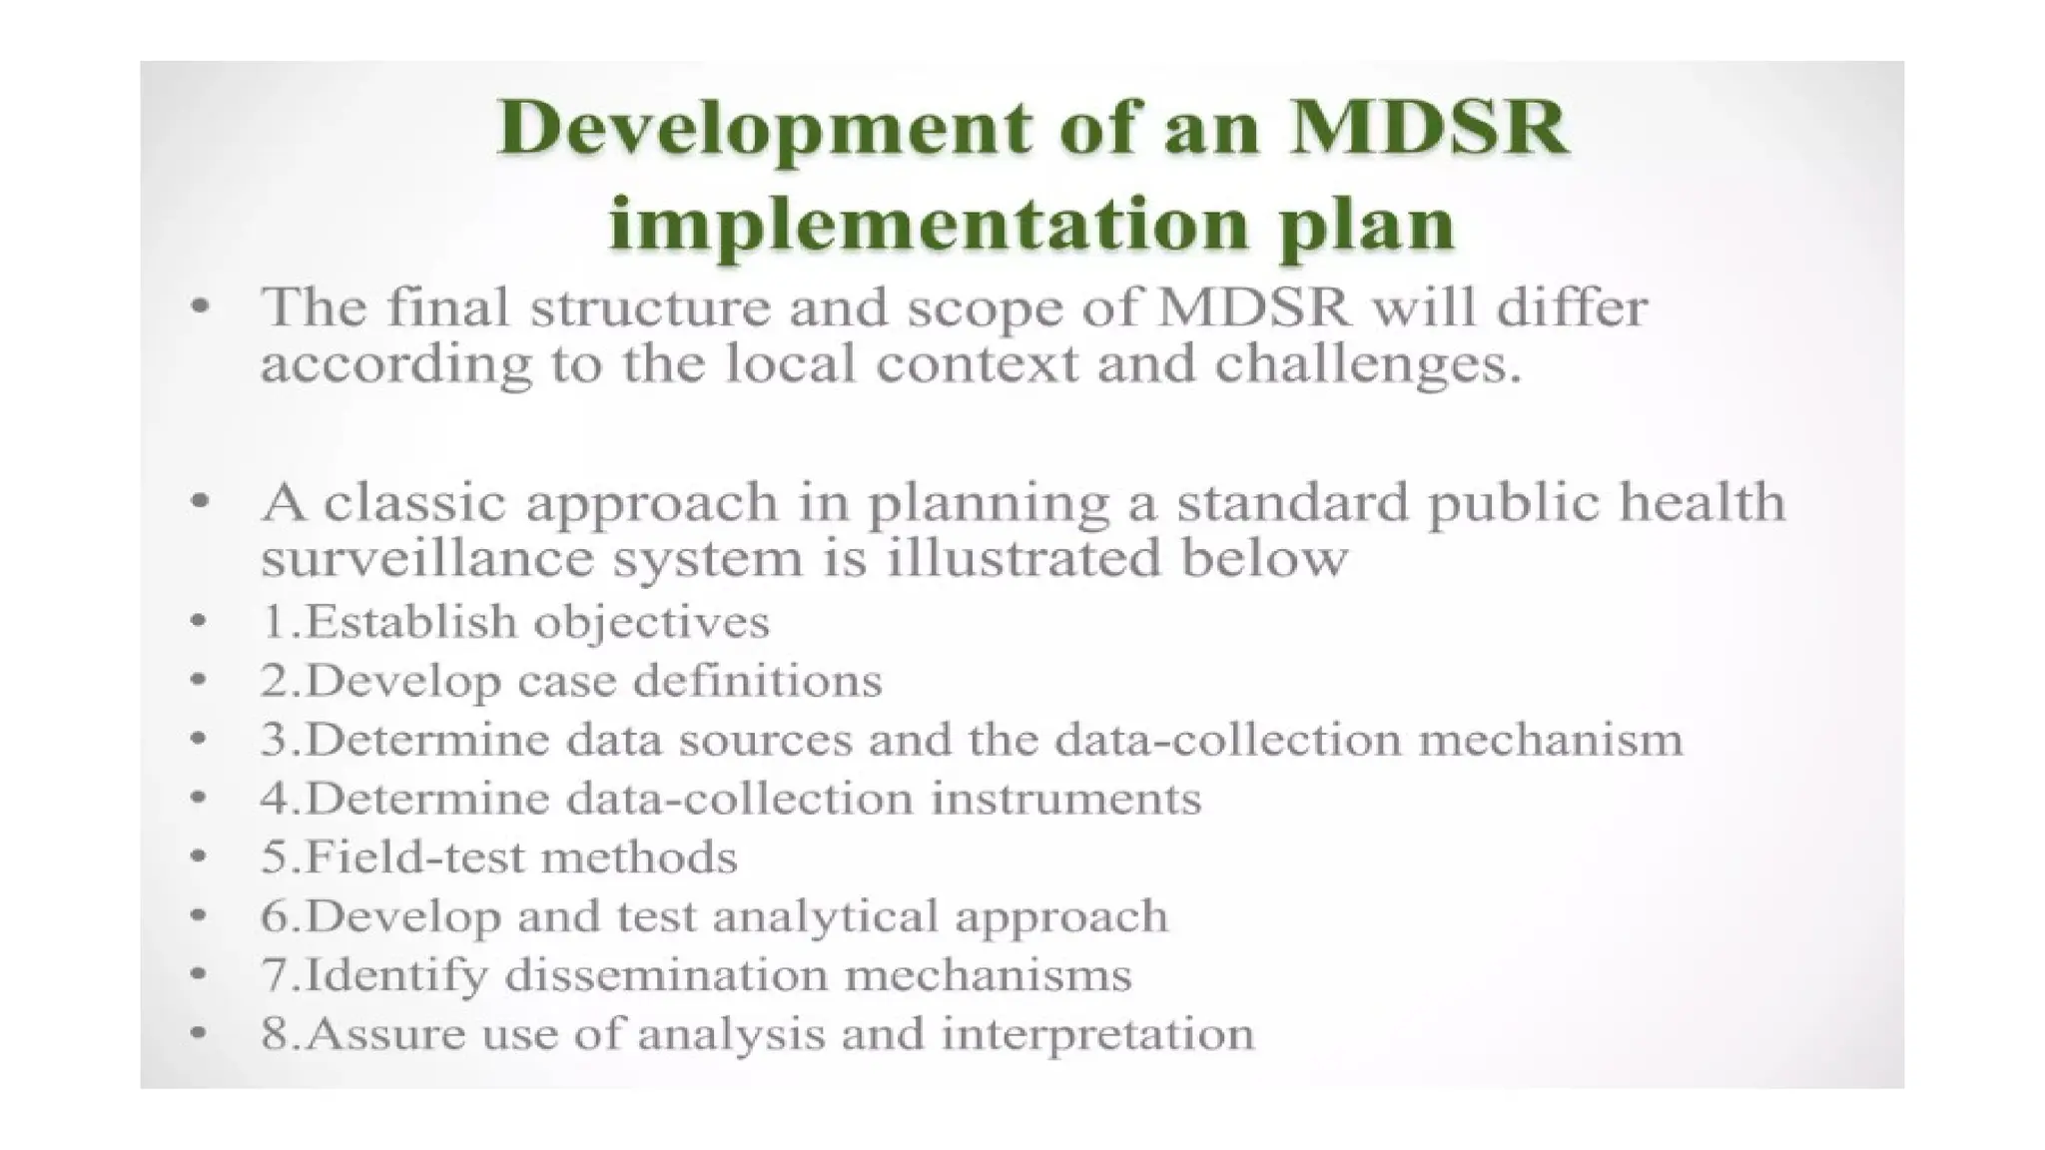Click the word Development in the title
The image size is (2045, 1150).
(x=764, y=130)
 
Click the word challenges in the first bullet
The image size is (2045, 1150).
(x=1367, y=364)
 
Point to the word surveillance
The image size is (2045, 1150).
(x=426, y=557)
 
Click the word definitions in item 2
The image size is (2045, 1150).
(x=758, y=681)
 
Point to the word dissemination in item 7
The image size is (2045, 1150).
(x=666, y=974)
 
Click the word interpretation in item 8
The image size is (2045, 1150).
(x=1097, y=1033)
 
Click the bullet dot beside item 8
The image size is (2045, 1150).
(x=199, y=1033)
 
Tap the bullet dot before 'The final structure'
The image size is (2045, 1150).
(x=201, y=306)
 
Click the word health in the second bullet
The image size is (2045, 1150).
(x=1702, y=502)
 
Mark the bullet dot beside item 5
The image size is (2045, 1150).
(x=199, y=858)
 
